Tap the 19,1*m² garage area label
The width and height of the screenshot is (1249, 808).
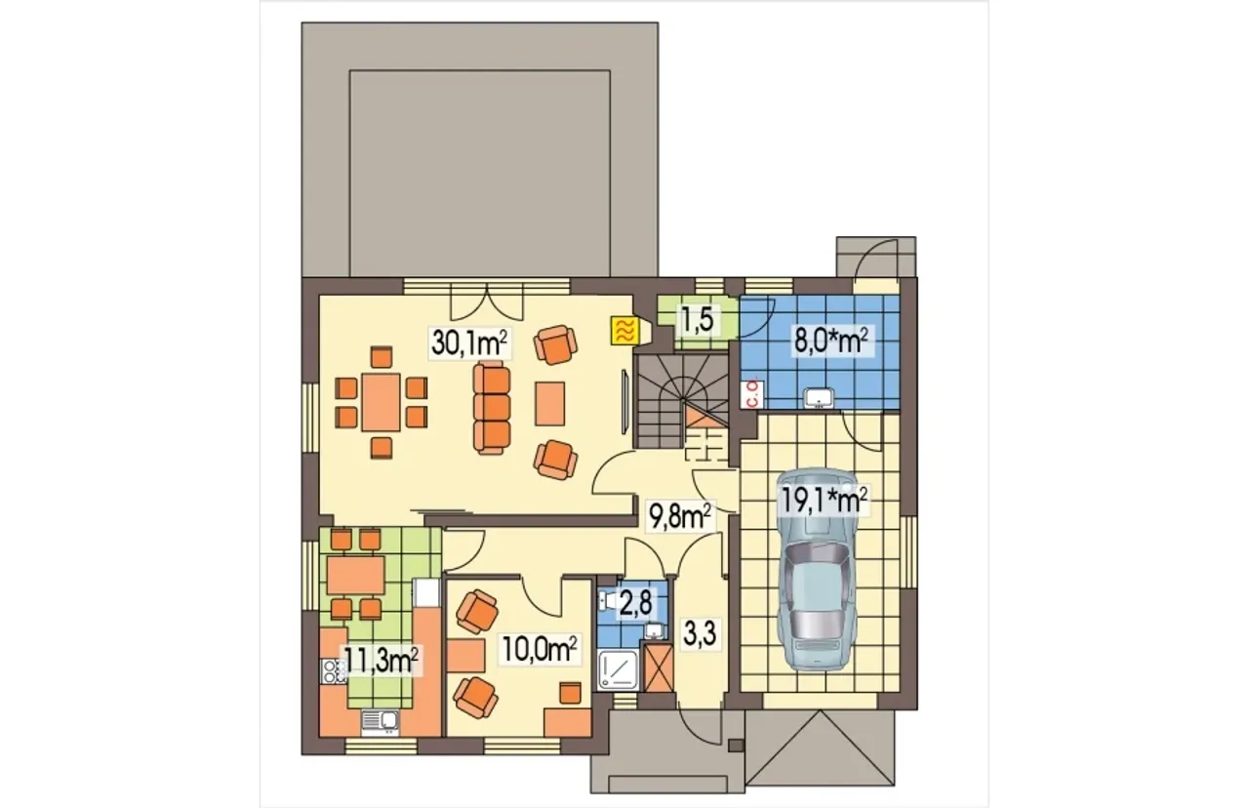[824, 500]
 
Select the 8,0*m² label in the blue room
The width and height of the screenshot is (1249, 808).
[831, 342]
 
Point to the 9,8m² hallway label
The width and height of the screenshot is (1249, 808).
[678, 517]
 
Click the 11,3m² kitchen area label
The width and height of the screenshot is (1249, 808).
[382, 660]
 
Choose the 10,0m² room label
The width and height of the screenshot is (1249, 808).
[540, 649]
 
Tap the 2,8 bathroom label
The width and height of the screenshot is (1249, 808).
[635, 604]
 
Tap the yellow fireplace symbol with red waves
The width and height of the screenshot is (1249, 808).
[623, 331]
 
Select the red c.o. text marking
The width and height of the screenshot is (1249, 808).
[751, 393]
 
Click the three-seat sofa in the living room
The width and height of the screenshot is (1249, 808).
[492, 407]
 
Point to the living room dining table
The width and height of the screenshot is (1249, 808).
[381, 402]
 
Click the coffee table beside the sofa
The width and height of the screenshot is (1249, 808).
[549, 404]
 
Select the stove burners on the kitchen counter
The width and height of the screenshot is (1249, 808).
[334, 671]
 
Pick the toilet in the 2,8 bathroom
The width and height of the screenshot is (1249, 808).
[607, 600]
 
